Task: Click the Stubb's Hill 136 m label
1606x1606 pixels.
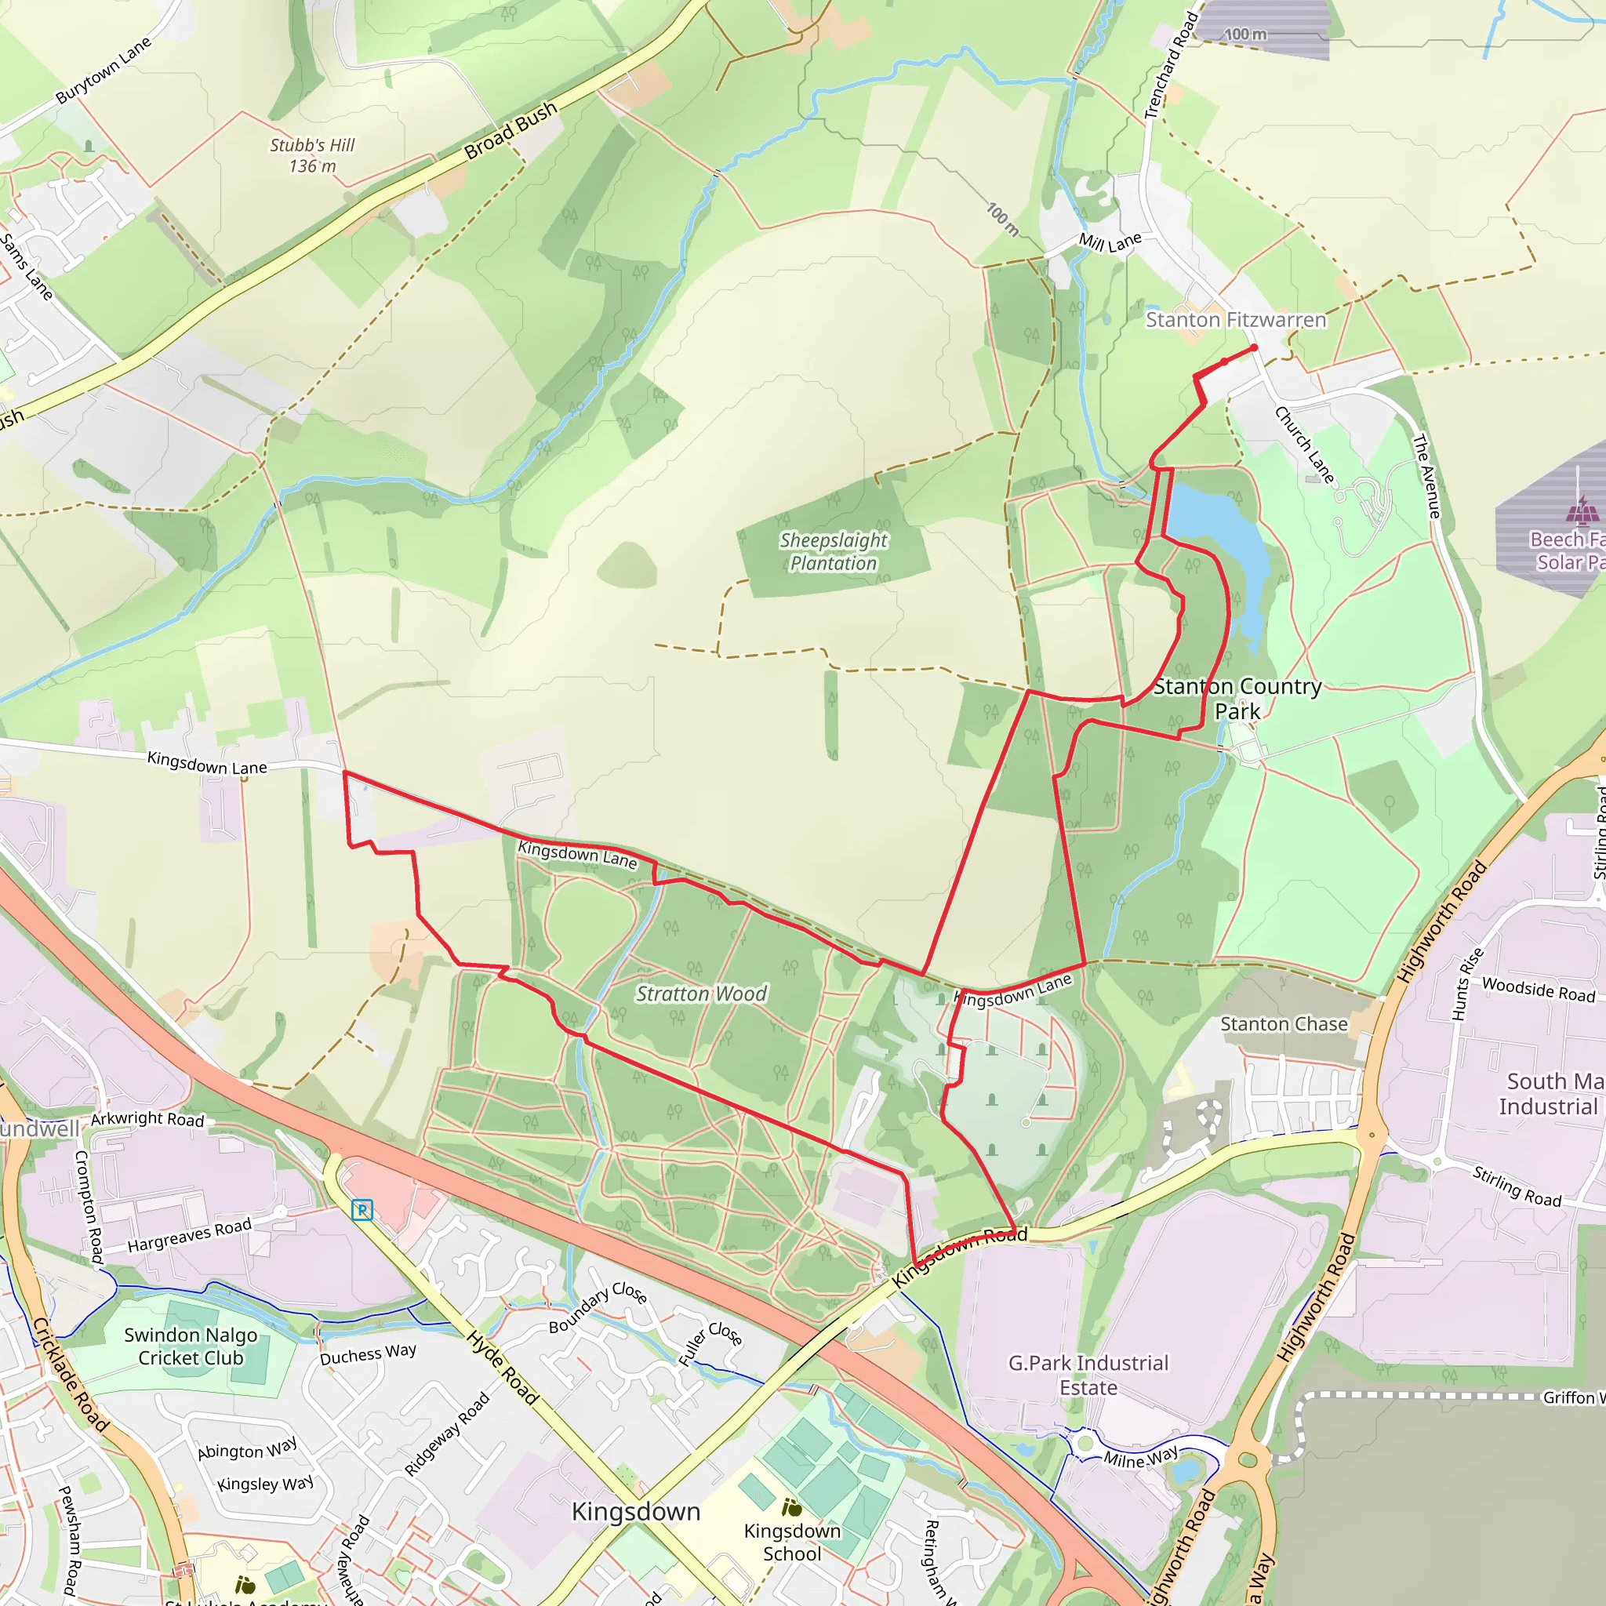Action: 312,155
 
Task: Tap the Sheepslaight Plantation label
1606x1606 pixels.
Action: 833,552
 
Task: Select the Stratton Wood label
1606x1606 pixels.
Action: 701,994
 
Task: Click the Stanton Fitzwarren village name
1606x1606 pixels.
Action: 1235,320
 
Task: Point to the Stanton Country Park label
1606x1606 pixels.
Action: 1237,699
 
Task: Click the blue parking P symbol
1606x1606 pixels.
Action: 362,1209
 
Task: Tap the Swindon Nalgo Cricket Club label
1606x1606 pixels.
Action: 191,1346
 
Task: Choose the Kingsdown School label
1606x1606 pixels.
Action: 791,1542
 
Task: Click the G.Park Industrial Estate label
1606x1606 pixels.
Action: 1088,1375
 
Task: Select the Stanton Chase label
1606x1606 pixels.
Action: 1284,1024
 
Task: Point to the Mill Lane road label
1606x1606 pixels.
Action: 1110,242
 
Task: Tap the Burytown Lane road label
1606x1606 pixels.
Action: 104,70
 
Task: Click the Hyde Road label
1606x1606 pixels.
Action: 502,1368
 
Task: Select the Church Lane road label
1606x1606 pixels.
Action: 1304,445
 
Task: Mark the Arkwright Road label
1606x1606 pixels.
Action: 147,1120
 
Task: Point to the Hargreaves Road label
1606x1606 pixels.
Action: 189,1235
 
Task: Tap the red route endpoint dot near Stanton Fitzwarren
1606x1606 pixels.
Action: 1254,347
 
